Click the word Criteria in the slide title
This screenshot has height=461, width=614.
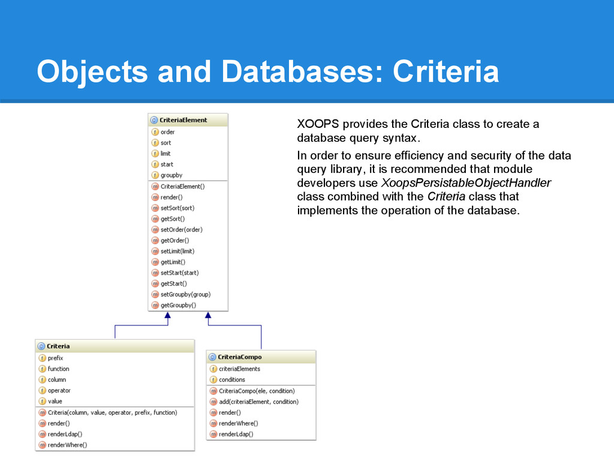[446, 71]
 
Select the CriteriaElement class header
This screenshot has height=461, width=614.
[183, 120]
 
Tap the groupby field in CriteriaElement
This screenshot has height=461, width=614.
[171, 175]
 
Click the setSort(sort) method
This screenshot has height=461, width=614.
[177, 208]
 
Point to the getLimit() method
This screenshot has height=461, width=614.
[173, 262]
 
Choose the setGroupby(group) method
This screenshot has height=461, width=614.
[186, 294]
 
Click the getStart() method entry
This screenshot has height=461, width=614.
[173, 283]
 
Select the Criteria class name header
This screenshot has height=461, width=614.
[58, 346]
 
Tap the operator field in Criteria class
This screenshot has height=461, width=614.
[59, 390]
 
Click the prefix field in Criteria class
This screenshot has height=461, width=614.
[55, 358]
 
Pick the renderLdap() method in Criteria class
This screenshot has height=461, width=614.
[65, 434]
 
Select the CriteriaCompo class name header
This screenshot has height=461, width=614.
[240, 357]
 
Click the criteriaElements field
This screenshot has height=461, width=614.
[239, 369]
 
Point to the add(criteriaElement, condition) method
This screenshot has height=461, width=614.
[258, 402]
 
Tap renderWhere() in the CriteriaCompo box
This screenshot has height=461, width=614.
[239, 423]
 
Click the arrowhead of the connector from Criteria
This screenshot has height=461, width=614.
[168, 315]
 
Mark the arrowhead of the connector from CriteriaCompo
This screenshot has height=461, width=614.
[208, 315]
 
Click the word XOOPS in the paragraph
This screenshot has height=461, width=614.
[318, 124]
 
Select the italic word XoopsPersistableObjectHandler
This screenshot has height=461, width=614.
[466, 183]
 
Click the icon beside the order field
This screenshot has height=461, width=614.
[155, 132]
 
